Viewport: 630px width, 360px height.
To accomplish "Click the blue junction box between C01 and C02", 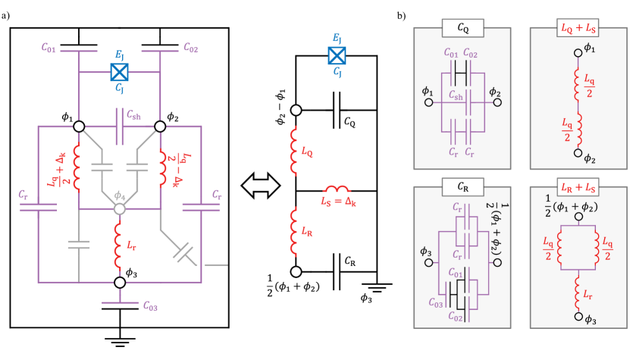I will click(x=119, y=72).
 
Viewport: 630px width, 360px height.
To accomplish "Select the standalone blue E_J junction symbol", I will click(x=337, y=55).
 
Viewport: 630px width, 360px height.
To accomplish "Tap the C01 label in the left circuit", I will click(x=49, y=48).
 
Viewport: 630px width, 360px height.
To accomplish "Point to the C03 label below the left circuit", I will click(x=151, y=306).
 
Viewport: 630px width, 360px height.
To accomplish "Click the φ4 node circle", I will click(x=119, y=208).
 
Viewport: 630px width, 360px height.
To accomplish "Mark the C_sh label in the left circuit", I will click(x=133, y=115).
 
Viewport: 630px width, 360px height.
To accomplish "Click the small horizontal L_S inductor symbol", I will click(x=336, y=189).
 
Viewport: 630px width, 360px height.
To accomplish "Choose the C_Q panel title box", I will click(x=462, y=29).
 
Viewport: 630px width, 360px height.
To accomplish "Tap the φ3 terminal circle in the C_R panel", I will click(x=428, y=263).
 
